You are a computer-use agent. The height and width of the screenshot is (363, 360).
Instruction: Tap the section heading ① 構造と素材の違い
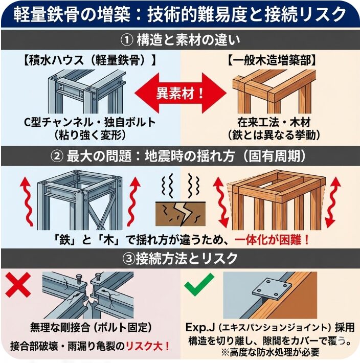pyautogui.click(x=179, y=39)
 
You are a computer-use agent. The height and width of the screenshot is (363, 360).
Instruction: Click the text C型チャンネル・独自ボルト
pyautogui.click(x=90, y=123)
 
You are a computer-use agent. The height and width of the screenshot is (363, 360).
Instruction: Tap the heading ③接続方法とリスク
pyautogui.click(x=179, y=258)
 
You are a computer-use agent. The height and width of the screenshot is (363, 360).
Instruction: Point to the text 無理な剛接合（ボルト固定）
pyautogui.click(x=90, y=327)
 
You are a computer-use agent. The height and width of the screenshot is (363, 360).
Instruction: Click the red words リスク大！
pyautogui.click(x=149, y=345)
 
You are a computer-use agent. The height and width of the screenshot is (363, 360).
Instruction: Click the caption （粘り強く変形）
pyautogui.click(x=90, y=135)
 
